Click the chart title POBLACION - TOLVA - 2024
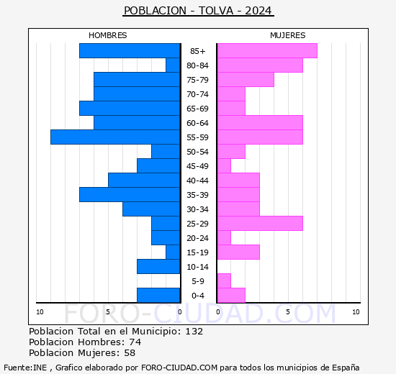pos(198,11)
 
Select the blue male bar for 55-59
pos(115,137)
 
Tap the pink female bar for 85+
pos(266,50)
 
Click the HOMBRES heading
pos(107,35)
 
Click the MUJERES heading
pos(287,35)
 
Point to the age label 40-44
pos(198,181)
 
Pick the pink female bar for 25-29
pos(259,223)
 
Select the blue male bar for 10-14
pos(158,266)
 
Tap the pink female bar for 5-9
pos(223,280)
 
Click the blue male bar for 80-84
pos(173,65)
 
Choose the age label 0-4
pos(198,296)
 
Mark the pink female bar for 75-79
pos(245,79)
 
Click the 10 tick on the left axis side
pos(40,312)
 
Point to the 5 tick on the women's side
pos(288,312)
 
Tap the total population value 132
pos(194,332)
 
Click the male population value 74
pos(135,342)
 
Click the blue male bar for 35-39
pos(130,194)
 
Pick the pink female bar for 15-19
pos(238,252)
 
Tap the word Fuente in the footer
pos(17,368)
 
